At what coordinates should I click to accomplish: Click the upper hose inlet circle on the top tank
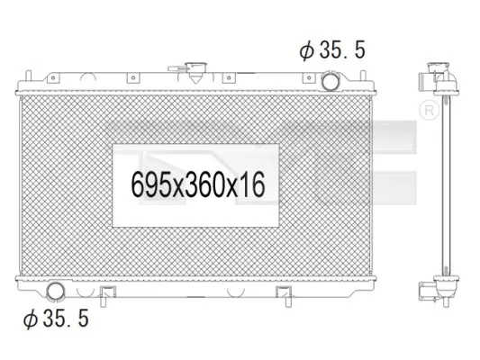coord(330,81)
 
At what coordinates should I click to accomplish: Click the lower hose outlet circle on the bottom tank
coord(56,292)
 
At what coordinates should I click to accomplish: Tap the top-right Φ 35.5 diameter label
coord(332,49)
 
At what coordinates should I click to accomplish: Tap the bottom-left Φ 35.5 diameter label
coord(56,318)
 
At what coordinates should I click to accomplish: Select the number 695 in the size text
coord(152,184)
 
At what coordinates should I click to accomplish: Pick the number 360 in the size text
coord(204,184)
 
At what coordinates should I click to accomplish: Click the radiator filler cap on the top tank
coord(195,71)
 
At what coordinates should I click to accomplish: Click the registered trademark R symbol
coord(429,110)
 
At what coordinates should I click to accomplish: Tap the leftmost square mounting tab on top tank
coord(53,78)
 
